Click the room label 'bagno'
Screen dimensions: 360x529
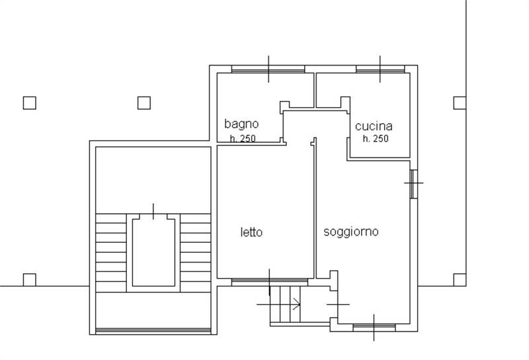pyautogui.click(x=241, y=124)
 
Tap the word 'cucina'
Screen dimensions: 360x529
pyautogui.click(x=374, y=126)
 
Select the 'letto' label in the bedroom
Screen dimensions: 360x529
pyautogui.click(x=251, y=232)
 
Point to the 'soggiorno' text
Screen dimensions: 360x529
pyautogui.click(x=351, y=232)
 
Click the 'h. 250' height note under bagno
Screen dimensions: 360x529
pyautogui.click(x=243, y=138)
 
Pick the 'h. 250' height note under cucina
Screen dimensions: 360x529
pyautogui.click(x=376, y=138)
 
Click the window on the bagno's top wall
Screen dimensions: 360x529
pyautogui.click(x=268, y=69)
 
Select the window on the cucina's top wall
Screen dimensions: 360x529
pyautogui.click(x=380, y=69)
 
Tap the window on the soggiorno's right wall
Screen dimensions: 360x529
pyautogui.click(x=413, y=183)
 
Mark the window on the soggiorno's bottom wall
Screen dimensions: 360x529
pyautogui.click(x=374, y=327)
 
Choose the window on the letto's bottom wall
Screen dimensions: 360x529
pyautogui.click(x=269, y=282)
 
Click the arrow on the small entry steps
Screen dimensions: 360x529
pyautogui.click(x=296, y=305)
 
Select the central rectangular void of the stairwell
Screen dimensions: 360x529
pyautogui.click(x=153, y=251)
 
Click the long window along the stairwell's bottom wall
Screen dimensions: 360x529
pyautogui.click(x=153, y=330)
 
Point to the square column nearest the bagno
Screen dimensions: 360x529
pyautogui.click(x=143, y=103)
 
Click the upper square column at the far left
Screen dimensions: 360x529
pyautogui.click(x=29, y=103)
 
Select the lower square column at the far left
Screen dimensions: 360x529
pyautogui.click(x=29, y=279)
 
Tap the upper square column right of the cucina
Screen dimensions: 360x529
pyautogui.click(x=459, y=103)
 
